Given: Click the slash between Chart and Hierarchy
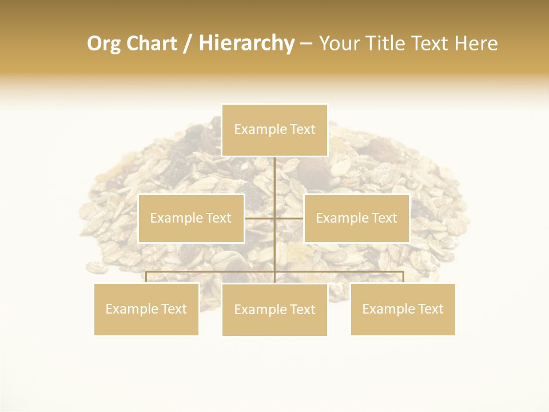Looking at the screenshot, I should (x=188, y=44).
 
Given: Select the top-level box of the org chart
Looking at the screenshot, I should (x=274, y=130).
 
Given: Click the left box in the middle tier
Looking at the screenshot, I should (x=191, y=218).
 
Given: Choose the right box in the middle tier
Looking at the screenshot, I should (x=356, y=218).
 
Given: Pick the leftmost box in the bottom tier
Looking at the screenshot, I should (x=146, y=309).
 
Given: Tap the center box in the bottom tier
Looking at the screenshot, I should (x=274, y=310).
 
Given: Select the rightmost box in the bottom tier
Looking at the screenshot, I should (x=403, y=309).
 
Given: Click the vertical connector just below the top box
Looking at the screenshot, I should (x=274, y=172).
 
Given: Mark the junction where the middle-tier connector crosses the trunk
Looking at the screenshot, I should (x=274, y=218).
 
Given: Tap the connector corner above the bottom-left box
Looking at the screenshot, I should (x=146, y=272).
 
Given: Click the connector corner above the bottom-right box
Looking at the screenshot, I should (x=403, y=272).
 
